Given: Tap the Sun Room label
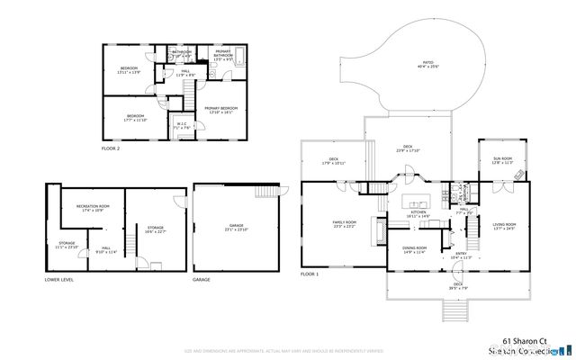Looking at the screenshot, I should coord(502,161).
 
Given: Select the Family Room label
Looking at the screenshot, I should coord(344,224).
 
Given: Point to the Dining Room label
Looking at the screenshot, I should coord(414,250).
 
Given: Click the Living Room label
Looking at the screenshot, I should coord(504,226).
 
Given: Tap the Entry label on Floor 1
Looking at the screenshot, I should coord(460,256).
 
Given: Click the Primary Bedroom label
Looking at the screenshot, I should coord(219,111).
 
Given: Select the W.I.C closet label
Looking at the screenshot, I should coord(181,126).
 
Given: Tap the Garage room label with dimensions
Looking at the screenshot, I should coord(237,229).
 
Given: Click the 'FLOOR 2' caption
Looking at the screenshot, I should coord(112,148).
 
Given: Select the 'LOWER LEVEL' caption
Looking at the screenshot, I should coord(60,280).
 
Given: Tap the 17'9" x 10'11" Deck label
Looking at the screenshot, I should coord(333,163).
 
